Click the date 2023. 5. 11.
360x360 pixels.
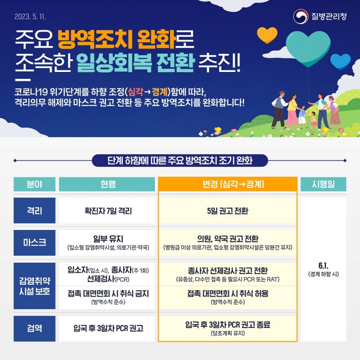tap(30, 17)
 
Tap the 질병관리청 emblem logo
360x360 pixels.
tap(301, 16)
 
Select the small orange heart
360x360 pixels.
tap(267, 35)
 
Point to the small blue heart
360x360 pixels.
tap(341, 62)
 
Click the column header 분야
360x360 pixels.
tap(35, 184)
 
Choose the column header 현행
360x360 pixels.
tap(107, 184)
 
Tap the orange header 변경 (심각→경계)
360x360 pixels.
tap(228, 184)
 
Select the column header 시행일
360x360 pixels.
tap(323, 184)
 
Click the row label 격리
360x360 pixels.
tap(35, 211)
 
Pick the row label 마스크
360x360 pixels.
tap(35, 243)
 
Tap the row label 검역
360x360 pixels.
tap(35, 328)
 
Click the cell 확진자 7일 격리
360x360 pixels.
tap(108, 211)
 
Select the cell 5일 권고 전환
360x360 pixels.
tap(228, 211)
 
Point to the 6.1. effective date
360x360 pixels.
tap(323, 265)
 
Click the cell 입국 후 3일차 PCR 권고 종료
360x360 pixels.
tap(228, 324)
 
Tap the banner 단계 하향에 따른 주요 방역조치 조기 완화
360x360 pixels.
tap(180, 161)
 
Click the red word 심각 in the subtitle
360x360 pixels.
tap(136, 92)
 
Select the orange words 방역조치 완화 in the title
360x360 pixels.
tap(117, 40)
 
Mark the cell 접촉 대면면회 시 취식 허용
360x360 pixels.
tap(228, 293)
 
